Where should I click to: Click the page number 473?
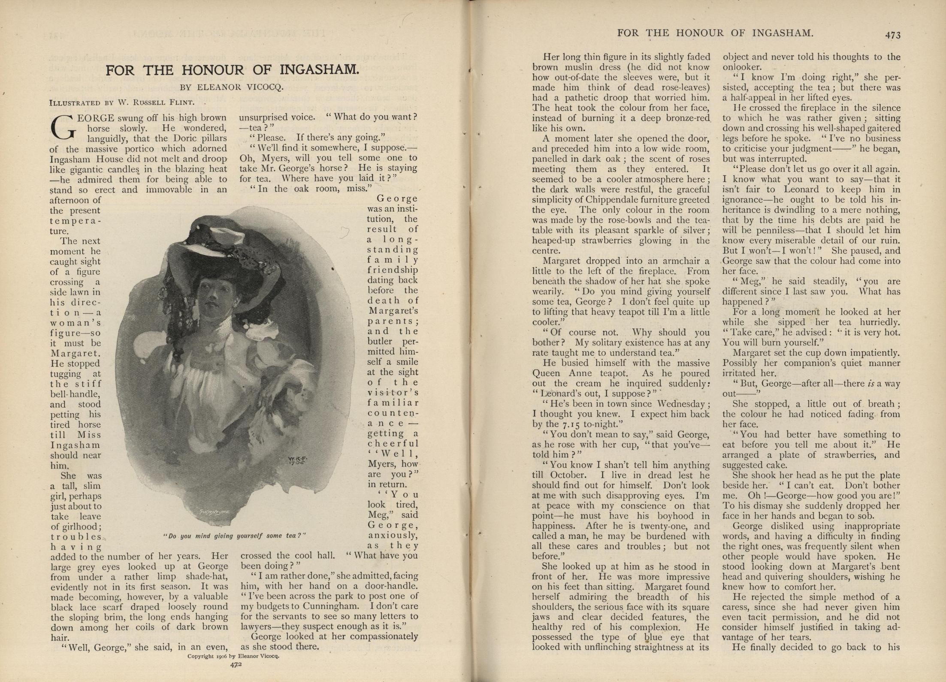click(x=892, y=35)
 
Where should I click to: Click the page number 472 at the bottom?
click(x=236, y=665)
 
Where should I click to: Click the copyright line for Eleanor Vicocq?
click(x=233, y=656)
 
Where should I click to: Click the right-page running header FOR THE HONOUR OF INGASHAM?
click(x=715, y=33)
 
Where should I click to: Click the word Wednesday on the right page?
click(x=681, y=404)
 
